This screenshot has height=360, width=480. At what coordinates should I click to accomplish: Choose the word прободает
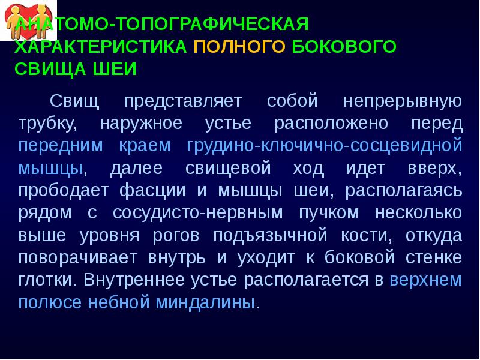point(61,190)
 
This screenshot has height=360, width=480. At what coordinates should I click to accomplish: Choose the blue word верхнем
point(426,280)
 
